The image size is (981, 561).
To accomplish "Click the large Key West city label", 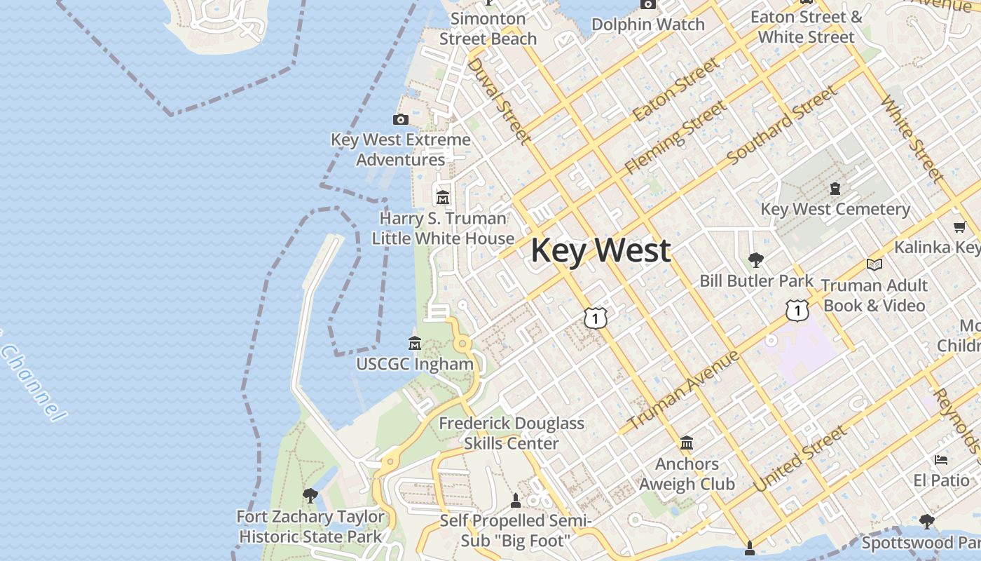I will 601,250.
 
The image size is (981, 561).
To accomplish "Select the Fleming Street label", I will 675,137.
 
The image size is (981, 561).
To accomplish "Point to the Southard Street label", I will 782,126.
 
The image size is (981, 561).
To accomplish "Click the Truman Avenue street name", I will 683,390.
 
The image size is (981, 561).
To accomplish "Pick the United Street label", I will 799,460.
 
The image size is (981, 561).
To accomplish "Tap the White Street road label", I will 912,139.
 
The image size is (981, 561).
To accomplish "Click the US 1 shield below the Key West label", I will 595,318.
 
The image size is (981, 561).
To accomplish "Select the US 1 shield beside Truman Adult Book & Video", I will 797,309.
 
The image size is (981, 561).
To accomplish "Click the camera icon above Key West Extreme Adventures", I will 401,119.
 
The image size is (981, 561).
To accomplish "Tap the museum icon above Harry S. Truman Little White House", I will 442,198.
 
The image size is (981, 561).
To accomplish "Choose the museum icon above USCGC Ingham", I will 415,344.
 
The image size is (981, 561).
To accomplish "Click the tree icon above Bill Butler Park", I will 755,260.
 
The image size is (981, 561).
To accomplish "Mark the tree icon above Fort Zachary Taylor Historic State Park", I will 310,496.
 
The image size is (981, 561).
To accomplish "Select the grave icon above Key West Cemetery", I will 835,188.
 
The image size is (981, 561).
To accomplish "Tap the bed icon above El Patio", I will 941,460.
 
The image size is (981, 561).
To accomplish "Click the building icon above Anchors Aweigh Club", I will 687,443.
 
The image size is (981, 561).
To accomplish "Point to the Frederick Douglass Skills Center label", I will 512,433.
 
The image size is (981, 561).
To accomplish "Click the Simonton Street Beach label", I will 488,29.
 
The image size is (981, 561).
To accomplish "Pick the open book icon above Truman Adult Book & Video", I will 874,264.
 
